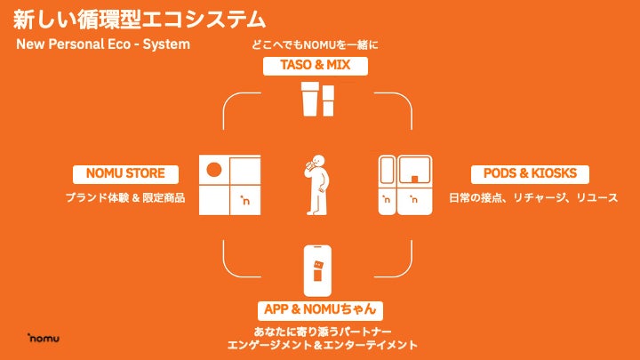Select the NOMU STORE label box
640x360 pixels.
(125, 173)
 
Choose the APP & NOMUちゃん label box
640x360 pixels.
(323, 310)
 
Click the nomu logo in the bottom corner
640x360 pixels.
(43, 339)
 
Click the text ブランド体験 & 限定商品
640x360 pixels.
(125, 197)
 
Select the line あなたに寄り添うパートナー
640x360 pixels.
(322, 331)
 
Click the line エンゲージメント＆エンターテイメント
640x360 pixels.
(322, 345)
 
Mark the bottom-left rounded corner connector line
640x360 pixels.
(233, 265)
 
